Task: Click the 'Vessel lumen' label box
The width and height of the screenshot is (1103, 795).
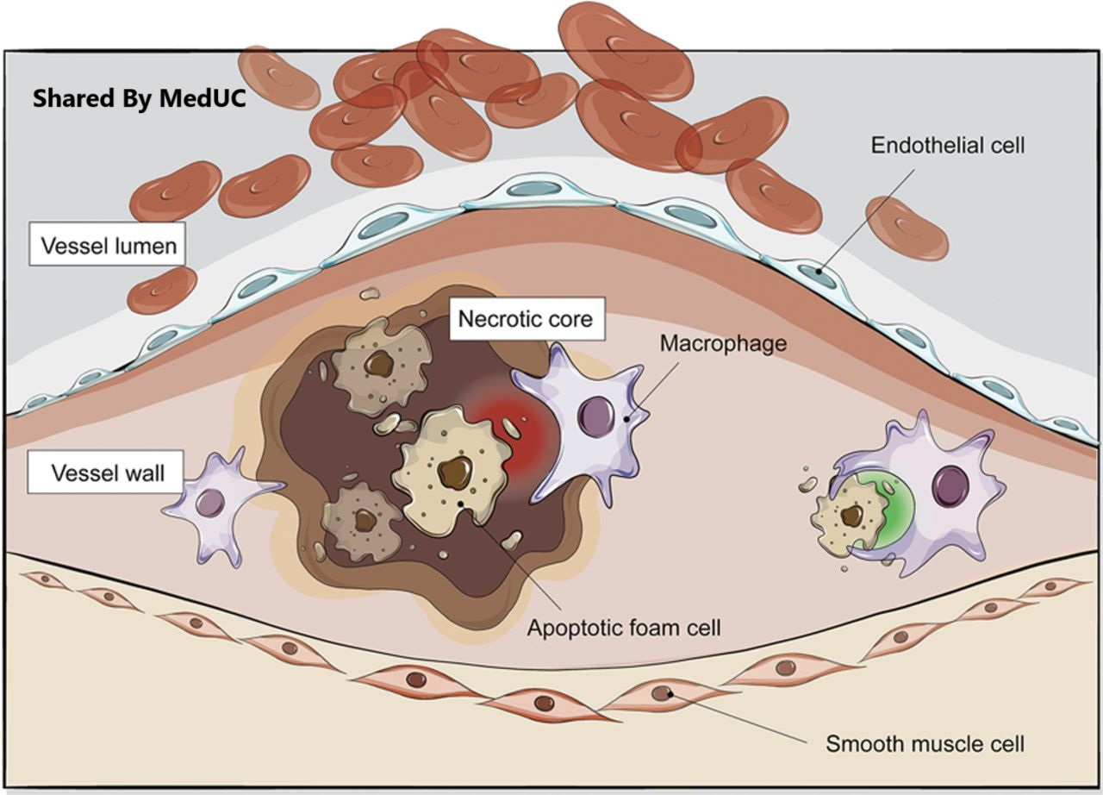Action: point(108,247)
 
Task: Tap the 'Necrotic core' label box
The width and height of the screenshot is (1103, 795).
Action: point(525,319)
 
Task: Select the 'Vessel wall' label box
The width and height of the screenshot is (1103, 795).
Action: point(108,473)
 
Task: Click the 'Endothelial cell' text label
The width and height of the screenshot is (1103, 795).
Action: point(948,145)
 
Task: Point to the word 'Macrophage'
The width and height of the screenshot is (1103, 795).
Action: point(723,343)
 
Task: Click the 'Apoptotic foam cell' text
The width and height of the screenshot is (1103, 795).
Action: point(624,627)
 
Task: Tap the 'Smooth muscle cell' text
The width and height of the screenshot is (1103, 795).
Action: point(925,742)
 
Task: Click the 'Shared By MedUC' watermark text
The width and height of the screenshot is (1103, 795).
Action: point(140,99)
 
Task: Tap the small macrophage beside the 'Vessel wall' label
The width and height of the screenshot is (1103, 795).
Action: point(214,504)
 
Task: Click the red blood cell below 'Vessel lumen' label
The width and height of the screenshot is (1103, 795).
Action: point(162,291)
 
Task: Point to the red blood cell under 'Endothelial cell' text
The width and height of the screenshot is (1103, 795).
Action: point(906,228)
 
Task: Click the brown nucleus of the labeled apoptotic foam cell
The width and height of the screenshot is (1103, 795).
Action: point(455,473)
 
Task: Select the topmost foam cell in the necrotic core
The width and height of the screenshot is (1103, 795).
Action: point(379,363)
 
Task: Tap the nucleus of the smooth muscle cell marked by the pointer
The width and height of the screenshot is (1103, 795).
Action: point(662,692)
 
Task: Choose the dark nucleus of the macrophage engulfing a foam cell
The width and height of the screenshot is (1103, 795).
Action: point(952,484)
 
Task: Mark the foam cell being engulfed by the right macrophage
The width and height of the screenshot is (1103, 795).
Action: point(848,517)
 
